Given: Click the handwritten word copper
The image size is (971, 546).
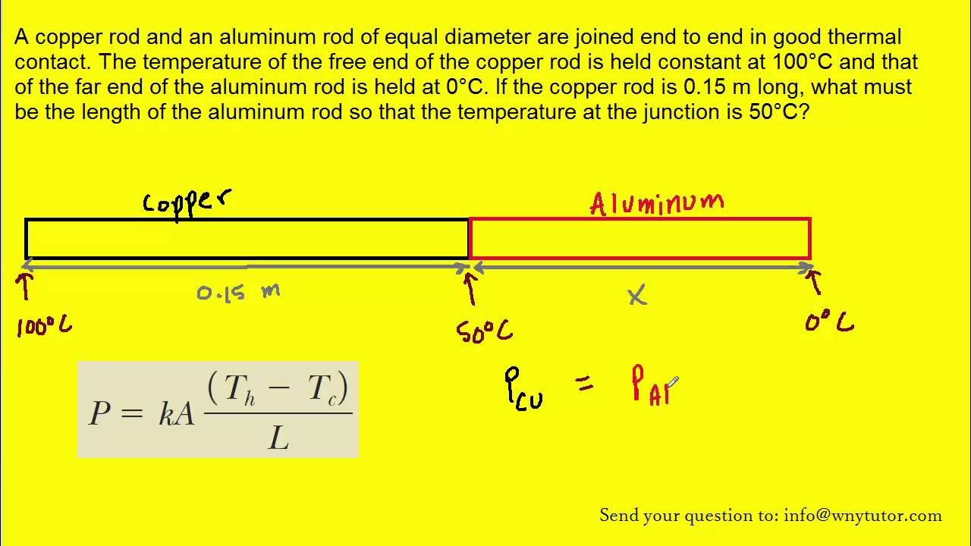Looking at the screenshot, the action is (x=187, y=203).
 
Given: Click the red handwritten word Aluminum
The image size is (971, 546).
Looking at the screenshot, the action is (x=657, y=203).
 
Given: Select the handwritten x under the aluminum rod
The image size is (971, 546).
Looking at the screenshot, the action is (x=637, y=296).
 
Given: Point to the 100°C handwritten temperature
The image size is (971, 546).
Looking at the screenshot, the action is (x=45, y=326).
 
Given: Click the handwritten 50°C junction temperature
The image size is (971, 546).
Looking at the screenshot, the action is (x=483, y=331).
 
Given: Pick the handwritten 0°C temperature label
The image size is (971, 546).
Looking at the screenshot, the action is (x=829, y=324).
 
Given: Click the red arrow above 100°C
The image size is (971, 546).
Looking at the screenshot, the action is (x=26, y=286).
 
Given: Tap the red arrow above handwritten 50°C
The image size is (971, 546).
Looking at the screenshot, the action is (x=470, y=288).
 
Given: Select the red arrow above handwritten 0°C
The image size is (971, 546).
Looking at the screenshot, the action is (x=816, y=282).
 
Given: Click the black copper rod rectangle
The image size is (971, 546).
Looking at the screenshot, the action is (x=247, y=238).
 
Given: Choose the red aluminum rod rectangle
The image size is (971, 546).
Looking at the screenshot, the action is (x=640, y=238).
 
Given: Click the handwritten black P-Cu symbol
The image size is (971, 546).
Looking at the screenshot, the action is (x=523, y=389).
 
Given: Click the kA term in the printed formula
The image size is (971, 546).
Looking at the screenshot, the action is (x=176, y=413).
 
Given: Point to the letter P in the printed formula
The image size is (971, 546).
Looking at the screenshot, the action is (x=101, y=413).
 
